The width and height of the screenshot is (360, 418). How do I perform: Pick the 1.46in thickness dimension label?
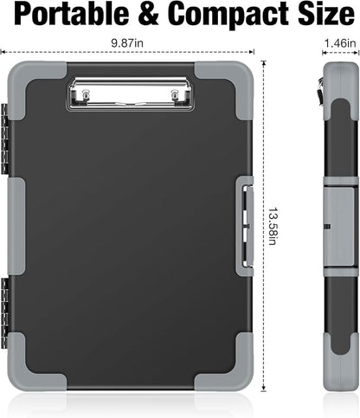(x=341, y=42)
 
